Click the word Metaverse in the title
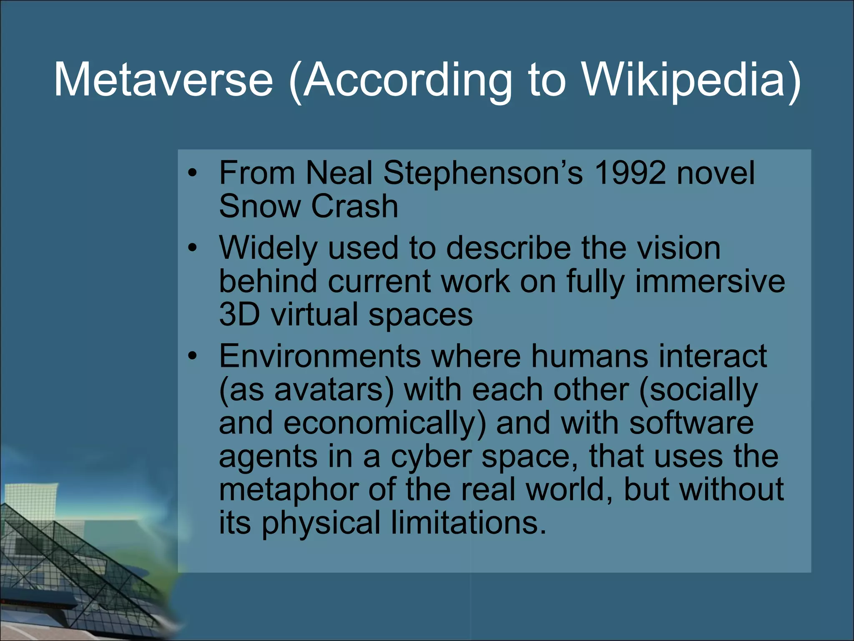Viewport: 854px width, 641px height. pyautogui.click(x=163, y=79)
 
